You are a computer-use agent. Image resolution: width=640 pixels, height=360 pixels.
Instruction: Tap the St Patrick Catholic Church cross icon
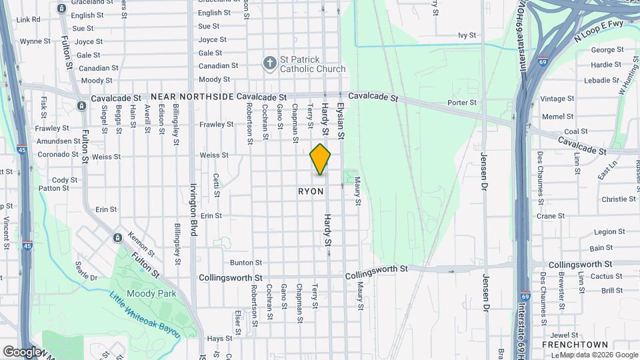click(269, 63)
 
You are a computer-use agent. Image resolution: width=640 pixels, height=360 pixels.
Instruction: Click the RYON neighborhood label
click(311, 191)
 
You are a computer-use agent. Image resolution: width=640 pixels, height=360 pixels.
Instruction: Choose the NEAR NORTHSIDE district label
click(192, 97)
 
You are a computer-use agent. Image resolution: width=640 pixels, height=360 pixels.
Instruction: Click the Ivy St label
click(467, 35)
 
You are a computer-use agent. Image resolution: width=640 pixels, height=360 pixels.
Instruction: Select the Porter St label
click(462, 103)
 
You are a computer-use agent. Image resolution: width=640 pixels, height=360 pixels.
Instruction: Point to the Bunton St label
click(243, 263)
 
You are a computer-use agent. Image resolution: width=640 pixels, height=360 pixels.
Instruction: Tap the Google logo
click(21, 351)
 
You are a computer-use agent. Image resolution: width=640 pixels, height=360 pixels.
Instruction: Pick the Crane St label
click(551, 216)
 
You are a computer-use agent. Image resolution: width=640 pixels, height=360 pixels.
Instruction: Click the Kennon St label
click(141, 244)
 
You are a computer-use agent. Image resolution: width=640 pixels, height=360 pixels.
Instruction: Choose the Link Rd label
click(28, 20)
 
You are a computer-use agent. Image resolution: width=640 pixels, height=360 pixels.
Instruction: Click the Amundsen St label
click(59, 141)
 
